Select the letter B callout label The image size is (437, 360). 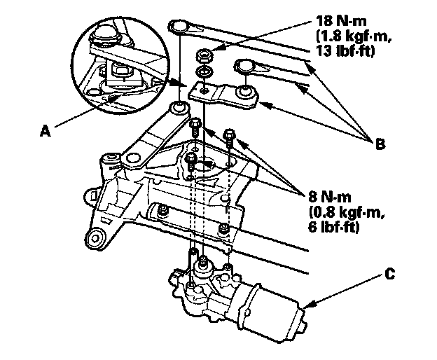coord(379,145)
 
